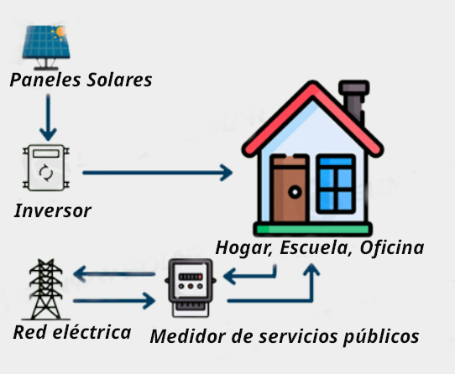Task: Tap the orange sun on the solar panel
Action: (60, 32)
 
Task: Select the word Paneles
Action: (45, 80)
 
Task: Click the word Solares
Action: (119, 80)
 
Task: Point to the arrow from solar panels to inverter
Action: (48, 117)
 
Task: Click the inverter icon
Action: (46, 168)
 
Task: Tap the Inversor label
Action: (53, 210)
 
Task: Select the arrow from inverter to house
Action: (158, 173)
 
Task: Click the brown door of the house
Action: (290, 189)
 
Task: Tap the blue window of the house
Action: (336, 184)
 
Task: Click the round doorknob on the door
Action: (295, 192)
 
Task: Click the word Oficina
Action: (392, 248)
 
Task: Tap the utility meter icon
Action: (190, 288)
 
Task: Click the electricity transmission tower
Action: (46, 289)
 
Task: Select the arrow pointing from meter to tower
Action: (114, 273)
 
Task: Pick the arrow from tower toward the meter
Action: (114, 301)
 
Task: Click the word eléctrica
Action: (92, 332)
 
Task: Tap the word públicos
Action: (381, 337)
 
